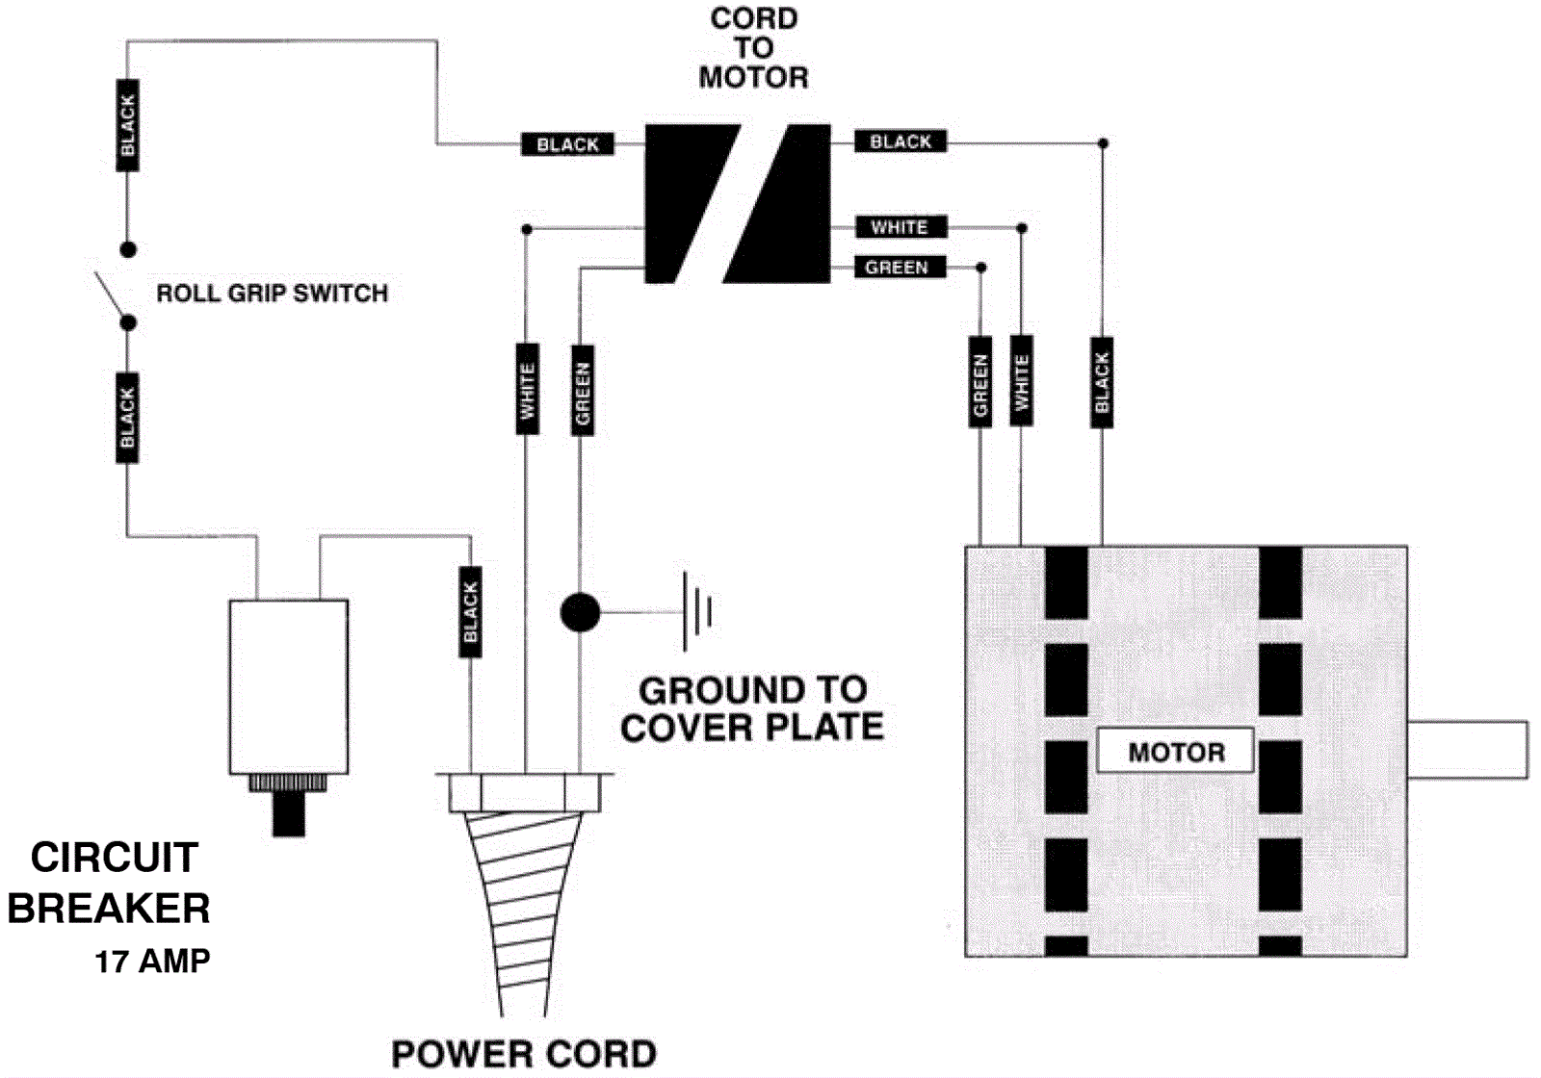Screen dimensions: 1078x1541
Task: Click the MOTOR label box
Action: (x=1175, y=751)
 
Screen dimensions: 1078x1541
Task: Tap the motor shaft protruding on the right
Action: (x=1467, y=750)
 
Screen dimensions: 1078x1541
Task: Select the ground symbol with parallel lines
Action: (x=697, y=611)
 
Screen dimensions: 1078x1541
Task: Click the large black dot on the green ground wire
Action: (x=580, y=612)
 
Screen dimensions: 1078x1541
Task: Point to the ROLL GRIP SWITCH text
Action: (x=272, y=294)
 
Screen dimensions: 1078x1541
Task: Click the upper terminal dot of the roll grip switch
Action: (x=128, y=250)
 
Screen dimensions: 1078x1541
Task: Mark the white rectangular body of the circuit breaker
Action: (x=288, y=686)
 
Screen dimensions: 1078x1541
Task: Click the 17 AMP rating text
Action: (x=152, y=961)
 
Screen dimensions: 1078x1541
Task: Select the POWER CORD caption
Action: (x=524, y=1054)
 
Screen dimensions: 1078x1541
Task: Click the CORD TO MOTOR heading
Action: (x=753, y=48)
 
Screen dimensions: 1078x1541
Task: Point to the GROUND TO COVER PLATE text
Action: (x=752, y=708)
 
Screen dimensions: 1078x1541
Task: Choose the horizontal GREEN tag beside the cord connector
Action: (x=898, y=268)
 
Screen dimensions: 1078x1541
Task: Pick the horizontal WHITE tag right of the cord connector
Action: (x=901, y=227)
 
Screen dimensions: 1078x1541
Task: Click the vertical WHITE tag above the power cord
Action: (x=527, y=389)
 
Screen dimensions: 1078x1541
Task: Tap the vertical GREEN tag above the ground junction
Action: (x=582, y=390)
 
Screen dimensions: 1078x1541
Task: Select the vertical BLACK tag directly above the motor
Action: (x=1102, y=381)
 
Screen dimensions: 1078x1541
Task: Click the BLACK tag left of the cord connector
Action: (x=567, y=144)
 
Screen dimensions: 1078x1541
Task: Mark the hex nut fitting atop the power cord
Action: (x=525, y=793)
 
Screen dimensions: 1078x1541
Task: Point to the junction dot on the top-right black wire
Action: (x=1103, y=143)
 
